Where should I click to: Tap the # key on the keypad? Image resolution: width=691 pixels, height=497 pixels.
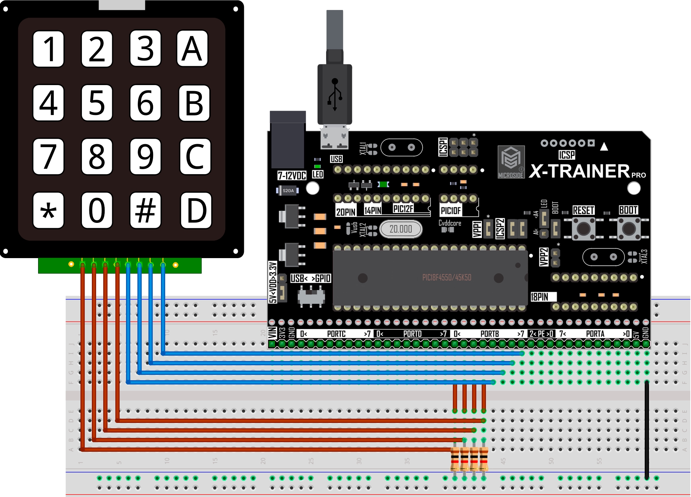click(145, 210)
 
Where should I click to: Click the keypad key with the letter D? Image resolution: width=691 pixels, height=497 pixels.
click(196, 210)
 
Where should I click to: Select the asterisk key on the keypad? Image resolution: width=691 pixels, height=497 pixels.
click(48, 210)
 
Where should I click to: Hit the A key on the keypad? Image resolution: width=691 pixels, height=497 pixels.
click(192, 49)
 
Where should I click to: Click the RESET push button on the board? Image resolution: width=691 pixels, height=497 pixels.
click(583, 228)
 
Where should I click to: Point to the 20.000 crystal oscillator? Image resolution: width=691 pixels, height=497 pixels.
click(401, 229)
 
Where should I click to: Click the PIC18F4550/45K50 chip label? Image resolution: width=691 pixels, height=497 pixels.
click(446, 278)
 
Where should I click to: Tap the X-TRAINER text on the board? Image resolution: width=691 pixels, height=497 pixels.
click(580, 171)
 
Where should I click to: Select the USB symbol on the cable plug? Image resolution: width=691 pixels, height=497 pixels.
click(335, 94)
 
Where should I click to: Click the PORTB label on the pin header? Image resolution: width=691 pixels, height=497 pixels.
click(490, 334)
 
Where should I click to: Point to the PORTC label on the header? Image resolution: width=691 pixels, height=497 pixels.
click(336, 334)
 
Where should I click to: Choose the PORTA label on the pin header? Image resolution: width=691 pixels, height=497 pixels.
click(595, 334)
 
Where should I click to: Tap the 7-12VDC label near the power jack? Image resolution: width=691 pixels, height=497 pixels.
click(292, 176)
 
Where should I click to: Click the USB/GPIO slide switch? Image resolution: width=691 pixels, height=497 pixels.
click(312, 296)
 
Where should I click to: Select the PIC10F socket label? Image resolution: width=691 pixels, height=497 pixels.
click(451, 211)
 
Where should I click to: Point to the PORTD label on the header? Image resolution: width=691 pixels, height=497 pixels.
click(412, 334)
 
